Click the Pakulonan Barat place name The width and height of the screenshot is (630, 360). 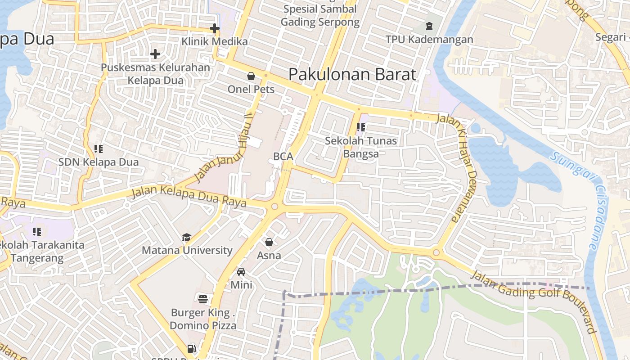click(352, 74)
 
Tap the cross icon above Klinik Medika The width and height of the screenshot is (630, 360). click(215, 29)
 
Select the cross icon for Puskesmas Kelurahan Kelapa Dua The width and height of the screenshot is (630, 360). click(155, 54)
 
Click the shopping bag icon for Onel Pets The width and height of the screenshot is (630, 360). click(251, 76)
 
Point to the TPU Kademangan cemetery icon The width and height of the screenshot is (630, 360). click(429, 26)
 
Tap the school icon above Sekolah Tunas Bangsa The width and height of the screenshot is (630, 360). click(361, 127)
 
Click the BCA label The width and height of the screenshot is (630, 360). click(283, 157)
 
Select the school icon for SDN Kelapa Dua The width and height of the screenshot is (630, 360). click(99, 148)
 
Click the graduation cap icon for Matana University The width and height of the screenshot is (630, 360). click(186, 237)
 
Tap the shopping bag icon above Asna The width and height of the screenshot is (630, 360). click(269, 243)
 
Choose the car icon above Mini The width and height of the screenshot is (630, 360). click(241, 272)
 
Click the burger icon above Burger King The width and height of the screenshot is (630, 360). click(203, 299)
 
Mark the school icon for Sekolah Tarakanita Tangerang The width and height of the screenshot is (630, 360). click(37, 232)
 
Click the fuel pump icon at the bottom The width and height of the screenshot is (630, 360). click(192, 349)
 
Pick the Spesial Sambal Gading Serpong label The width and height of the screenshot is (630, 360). click(320, 15)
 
